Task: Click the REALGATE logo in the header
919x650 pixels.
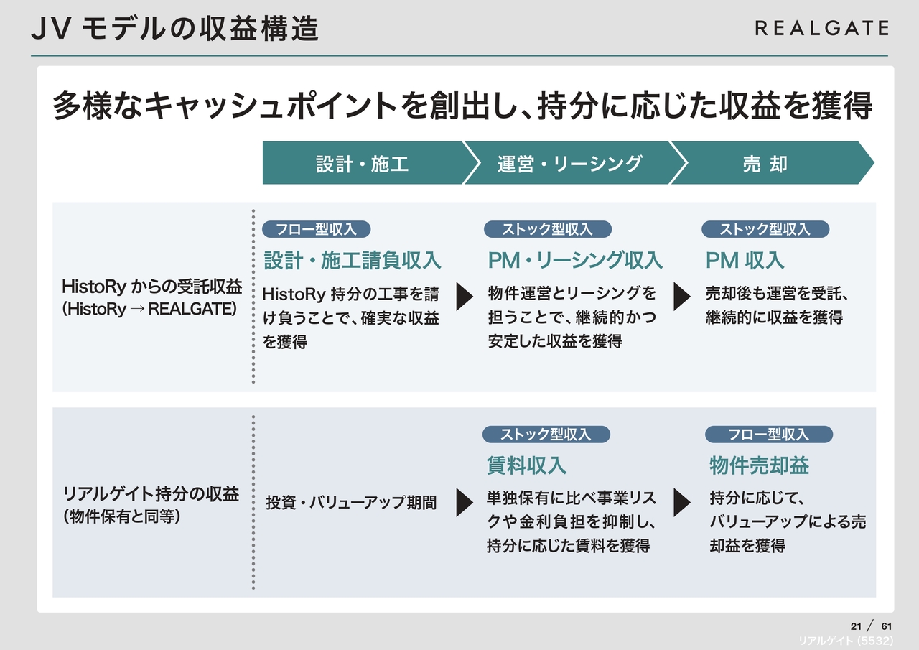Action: click(821, 28)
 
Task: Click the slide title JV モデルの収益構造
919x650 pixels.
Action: click(176, 29)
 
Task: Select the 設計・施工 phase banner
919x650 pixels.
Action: click(363, 164)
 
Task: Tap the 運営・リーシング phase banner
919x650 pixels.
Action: click(569, 164)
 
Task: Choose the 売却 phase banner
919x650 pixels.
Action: click(765, 164)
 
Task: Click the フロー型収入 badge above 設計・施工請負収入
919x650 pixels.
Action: click(316, 229)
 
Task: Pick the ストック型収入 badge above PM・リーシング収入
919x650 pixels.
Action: click(547, 229)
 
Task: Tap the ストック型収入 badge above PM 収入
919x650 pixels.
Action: click(765, 229)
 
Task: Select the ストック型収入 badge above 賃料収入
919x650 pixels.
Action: click(546, 435)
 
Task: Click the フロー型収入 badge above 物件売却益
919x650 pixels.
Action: click(768, 435)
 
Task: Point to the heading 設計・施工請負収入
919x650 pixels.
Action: click(353, 260)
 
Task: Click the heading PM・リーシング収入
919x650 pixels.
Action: click(575, 260)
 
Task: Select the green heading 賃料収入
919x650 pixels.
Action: click(526, 465)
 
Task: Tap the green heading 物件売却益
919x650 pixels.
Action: click(759, 465)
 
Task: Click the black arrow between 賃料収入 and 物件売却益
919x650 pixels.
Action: click(681, 503)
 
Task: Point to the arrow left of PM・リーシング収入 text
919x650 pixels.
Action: click(465, 297)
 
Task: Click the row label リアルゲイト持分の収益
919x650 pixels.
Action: click(151, 494)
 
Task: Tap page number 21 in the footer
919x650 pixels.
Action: click(855, 625)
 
